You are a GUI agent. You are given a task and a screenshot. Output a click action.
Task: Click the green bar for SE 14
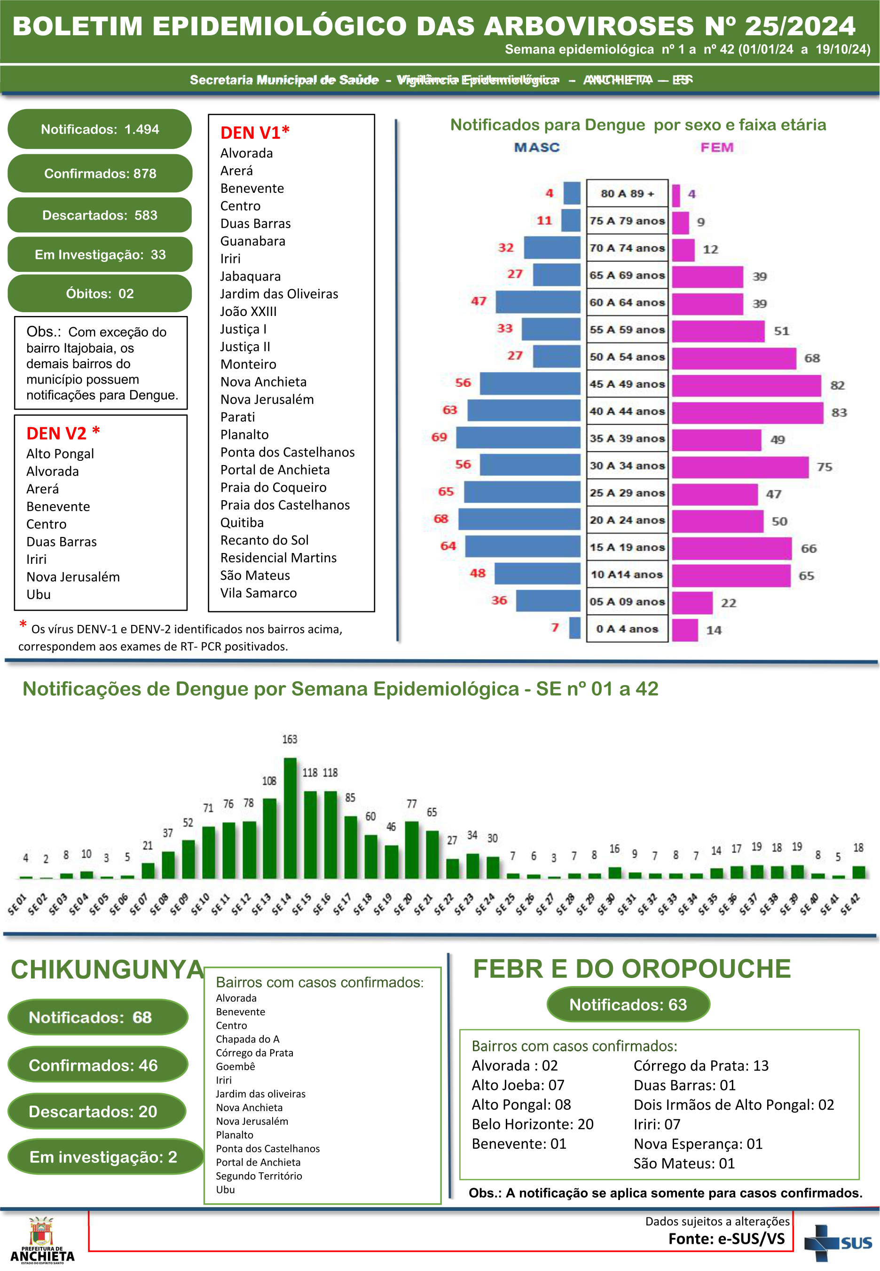pos(290,818)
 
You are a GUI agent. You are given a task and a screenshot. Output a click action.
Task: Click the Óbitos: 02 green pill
pos(100,293)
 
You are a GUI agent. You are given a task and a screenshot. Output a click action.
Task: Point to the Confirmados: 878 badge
pos(100,174)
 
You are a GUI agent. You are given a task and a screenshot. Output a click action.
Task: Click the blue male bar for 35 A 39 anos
pos(519,438)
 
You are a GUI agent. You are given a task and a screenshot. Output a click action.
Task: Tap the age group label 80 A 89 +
pos(627,194)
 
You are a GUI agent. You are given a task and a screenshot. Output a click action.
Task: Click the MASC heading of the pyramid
pos(536,147)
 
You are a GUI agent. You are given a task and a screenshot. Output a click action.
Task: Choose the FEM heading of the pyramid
pos(717,147)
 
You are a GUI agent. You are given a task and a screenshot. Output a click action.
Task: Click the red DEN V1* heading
pos(255,133)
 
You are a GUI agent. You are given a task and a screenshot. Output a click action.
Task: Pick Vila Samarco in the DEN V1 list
pos(259,593)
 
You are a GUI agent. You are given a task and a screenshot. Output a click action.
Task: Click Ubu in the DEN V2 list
pos(39,595)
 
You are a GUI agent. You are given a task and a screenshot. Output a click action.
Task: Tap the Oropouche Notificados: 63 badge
pos(628,1005)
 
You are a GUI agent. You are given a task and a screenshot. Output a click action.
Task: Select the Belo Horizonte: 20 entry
pos(533,1124)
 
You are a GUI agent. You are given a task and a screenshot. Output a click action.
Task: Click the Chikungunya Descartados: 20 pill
pos(94,1112)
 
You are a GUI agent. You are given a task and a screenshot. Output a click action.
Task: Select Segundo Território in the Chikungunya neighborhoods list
pos(259,1176)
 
